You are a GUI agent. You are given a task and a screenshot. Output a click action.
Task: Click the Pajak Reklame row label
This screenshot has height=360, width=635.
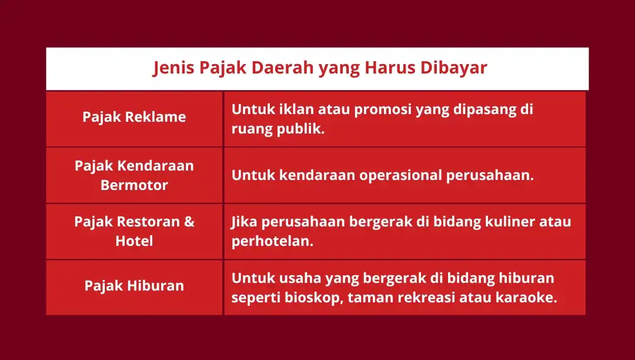(x=134, y=117)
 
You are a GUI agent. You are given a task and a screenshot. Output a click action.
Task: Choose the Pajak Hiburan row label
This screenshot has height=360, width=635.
(x=134, y=286)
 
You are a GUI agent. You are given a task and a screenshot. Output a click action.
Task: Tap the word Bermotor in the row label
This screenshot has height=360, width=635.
(x=134, y=185)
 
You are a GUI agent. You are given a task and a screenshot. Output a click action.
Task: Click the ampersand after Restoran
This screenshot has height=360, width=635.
(x=189, y=222)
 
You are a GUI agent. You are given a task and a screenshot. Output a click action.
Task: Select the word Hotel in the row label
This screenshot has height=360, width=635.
(x=134, y=241)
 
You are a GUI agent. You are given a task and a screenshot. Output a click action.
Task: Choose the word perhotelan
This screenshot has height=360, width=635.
(x=272, y=241)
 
